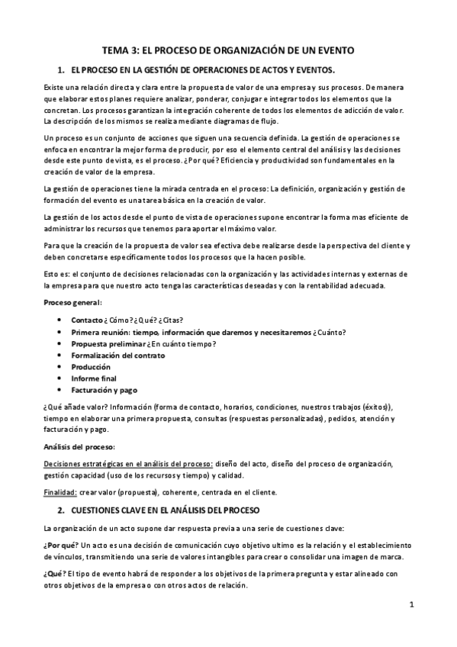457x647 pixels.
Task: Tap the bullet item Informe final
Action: [x=94, y=378]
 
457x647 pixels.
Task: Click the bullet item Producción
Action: [x=91, y=366]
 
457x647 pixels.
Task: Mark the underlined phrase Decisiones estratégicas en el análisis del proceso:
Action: [x=128, y=462]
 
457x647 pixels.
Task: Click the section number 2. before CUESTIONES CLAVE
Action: [x=62, y=509]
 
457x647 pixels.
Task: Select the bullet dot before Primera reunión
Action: [x=60, y=332]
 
